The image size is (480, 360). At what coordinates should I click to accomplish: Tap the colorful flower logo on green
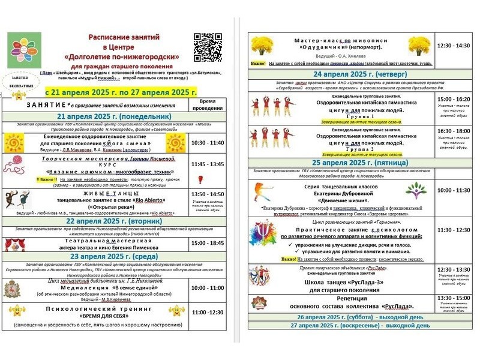[x=24, y=50]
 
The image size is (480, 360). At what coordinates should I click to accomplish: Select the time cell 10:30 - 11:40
[x=208, y=143]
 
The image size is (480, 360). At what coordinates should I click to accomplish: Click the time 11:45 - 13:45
[x=208, y=164]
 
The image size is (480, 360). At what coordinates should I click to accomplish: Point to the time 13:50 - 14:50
[x=208, y=194]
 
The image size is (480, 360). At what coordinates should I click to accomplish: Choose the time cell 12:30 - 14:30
[x=454, y=46]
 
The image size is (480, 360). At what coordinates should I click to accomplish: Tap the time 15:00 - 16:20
[x=454, y=99]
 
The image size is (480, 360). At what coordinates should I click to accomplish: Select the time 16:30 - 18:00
[x=454, y=130]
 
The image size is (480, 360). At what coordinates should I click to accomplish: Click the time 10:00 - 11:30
[x=454, y=190]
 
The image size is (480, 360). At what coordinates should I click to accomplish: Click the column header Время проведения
[x=208, y=104]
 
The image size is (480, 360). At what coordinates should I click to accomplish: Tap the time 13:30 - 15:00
[x=454, y=298]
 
